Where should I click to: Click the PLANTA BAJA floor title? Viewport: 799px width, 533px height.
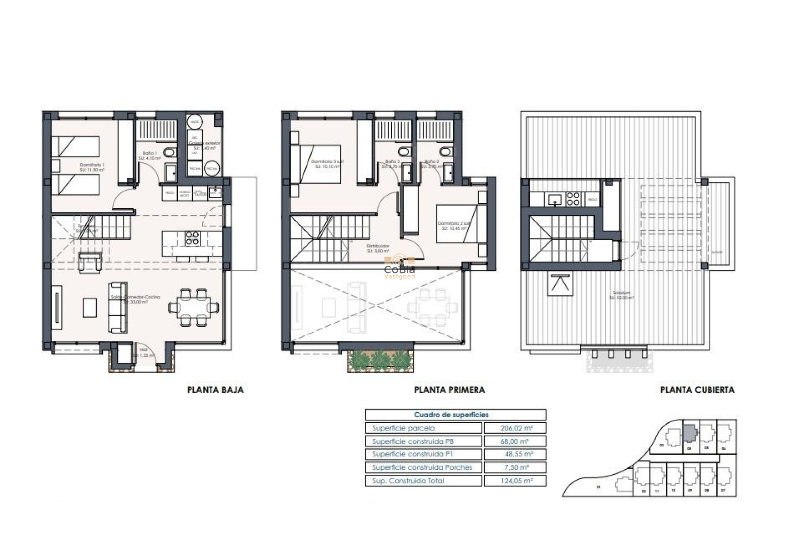click(x=215, y=390)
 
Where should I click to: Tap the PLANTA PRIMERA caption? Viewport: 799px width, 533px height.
click(x=449, y=390)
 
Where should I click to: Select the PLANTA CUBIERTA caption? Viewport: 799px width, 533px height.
click(x=697, y=390)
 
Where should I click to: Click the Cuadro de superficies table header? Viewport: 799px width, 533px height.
click(x=451, y=415)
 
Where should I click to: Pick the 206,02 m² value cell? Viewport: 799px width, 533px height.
click(x=514, y=428)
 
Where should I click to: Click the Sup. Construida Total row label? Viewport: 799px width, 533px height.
click(x=408, y=481)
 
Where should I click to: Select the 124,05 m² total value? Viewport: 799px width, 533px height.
click(x=514, y=481)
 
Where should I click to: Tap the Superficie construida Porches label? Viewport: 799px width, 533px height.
click(x=422, y=468)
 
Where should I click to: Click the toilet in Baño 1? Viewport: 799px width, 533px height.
click(x=169, y=153)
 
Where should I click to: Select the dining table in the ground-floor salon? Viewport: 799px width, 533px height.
click(x=194, y=307)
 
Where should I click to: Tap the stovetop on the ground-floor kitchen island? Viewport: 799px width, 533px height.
click(x=192, y=238)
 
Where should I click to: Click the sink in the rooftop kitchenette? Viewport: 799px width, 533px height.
click(x=555, y=199)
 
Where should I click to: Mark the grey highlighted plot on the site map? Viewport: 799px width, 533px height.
click(x=690, y=433)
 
